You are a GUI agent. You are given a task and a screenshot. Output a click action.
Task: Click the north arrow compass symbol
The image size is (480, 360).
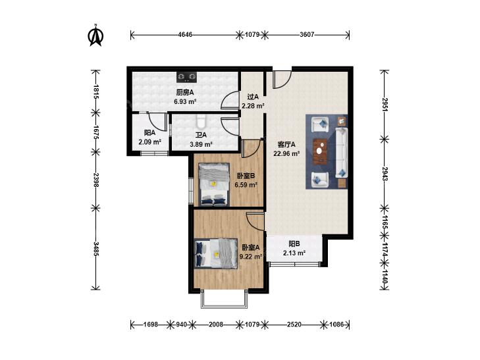click(96, 35)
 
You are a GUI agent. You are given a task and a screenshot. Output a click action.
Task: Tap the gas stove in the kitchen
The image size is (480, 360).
click(186, 77)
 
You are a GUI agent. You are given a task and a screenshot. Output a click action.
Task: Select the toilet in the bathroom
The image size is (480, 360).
click(201, 121)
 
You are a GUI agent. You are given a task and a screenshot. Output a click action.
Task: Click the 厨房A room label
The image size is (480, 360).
click(185, 92)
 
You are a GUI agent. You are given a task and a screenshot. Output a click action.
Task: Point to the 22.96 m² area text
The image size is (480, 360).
click(286, 153)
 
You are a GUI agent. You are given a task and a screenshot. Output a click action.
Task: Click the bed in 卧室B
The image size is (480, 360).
click(214, 184)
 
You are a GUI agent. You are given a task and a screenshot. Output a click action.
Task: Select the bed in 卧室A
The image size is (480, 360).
click(216, 253)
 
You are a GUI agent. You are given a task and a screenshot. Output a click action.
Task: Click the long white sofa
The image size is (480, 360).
click(342, 153)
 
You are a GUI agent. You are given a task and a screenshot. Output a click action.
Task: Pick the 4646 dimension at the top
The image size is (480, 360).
click(185, 35)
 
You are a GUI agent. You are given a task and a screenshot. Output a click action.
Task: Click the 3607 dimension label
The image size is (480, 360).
click(307, 35)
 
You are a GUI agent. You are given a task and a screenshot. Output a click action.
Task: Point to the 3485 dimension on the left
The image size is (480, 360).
click(96, 249)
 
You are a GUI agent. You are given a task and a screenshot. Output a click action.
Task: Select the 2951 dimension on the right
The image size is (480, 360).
click(385, 105)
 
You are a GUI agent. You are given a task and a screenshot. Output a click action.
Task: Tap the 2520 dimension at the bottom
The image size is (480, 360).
click(294, 324)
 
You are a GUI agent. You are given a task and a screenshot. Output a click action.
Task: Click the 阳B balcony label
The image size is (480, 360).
click(294, 244)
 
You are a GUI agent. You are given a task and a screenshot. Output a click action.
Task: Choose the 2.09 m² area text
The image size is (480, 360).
click(149, 142)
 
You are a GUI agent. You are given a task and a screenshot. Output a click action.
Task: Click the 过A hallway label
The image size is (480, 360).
click(253, 97)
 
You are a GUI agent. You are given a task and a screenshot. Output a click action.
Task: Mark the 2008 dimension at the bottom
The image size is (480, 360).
click(216, 324)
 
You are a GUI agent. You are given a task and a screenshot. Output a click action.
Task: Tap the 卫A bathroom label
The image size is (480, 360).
click(201, 135)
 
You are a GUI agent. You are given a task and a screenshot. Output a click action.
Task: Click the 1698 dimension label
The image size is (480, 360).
click(151, 324)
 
